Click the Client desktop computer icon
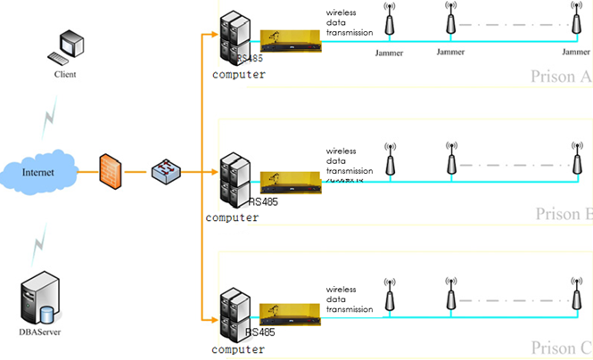coord(66,47)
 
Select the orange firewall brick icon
coord(110,169)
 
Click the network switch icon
coord(166,171)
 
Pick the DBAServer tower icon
coord(41,299)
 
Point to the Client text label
coord(65,75)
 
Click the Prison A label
coord(560,77)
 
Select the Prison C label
coord(561,347)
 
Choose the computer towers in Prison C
coord(234,314)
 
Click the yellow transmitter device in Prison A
coord(290,41)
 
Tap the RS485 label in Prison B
coord(263,202)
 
